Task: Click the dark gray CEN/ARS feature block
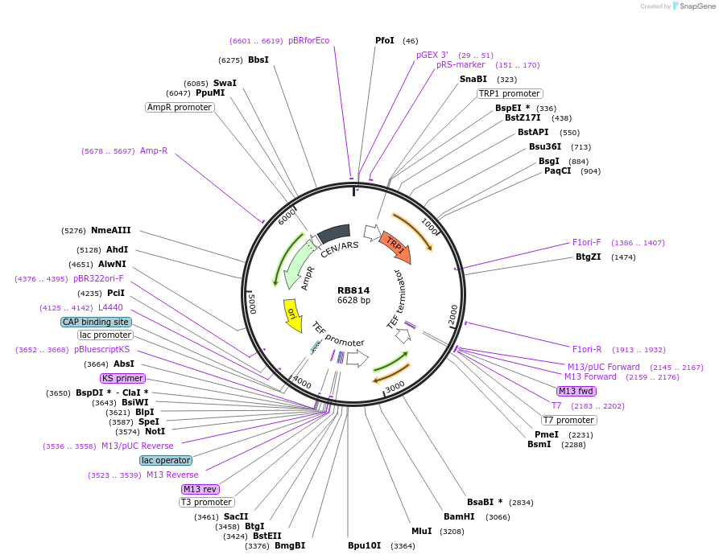click(x=333, y=233)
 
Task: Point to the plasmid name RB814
click(x=353, y=290)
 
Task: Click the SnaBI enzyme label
click(x=473, y=79)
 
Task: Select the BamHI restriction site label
click(x=459, y=516)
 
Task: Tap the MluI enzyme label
click(x=422, y=531)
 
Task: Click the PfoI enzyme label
click(x=385, y=40)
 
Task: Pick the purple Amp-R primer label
click(x=154, y=150)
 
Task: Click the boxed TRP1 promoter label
click(x=509, y=93)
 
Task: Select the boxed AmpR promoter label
click(x=180, y=107)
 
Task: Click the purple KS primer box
click(x=122, y=378)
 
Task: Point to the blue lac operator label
click(x=166, y=460)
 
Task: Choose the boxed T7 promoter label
click(x=568, y=420)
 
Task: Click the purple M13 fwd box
click(x=576, y=391)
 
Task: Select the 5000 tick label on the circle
click(x=252, y=302)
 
